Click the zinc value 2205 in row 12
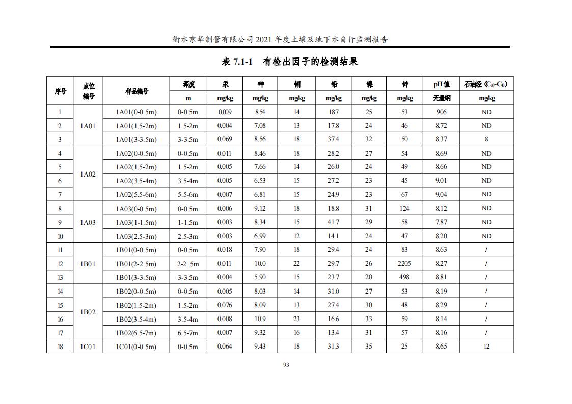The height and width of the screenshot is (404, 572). click(x=404, y=264)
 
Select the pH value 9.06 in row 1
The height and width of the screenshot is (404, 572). click(x=441, y=112)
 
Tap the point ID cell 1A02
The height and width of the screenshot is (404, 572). click(x=88, y=174)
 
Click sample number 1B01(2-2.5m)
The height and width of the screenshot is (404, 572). click(x=136, y=264)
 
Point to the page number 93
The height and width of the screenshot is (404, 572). click(x=286, y=365)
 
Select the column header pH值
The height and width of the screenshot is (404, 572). click(x=441, y=84)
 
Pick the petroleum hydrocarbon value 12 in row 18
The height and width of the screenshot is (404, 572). click(x=486, y=347)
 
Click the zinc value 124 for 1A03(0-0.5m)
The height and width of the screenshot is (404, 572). click(x=404, y=208)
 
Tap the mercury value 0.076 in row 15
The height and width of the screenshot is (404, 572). click(x=225, y=305)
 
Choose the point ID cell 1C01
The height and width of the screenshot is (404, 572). click(x=88, y=347)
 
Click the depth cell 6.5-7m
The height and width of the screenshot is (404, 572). click(x=188, y=333)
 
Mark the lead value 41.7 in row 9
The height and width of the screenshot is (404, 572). click(x=333, y=222)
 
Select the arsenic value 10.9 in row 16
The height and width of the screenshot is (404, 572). click(x=260, y=319)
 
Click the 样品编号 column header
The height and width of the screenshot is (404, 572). click(x=137, y=91)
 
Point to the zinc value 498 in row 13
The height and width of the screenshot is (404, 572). click(x=404, y=277)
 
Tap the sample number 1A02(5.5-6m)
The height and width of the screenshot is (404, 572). click(x=136, y=194)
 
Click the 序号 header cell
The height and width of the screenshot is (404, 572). click(x=60, y=91)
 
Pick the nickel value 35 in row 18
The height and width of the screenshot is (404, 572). click(x=369, y=347)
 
